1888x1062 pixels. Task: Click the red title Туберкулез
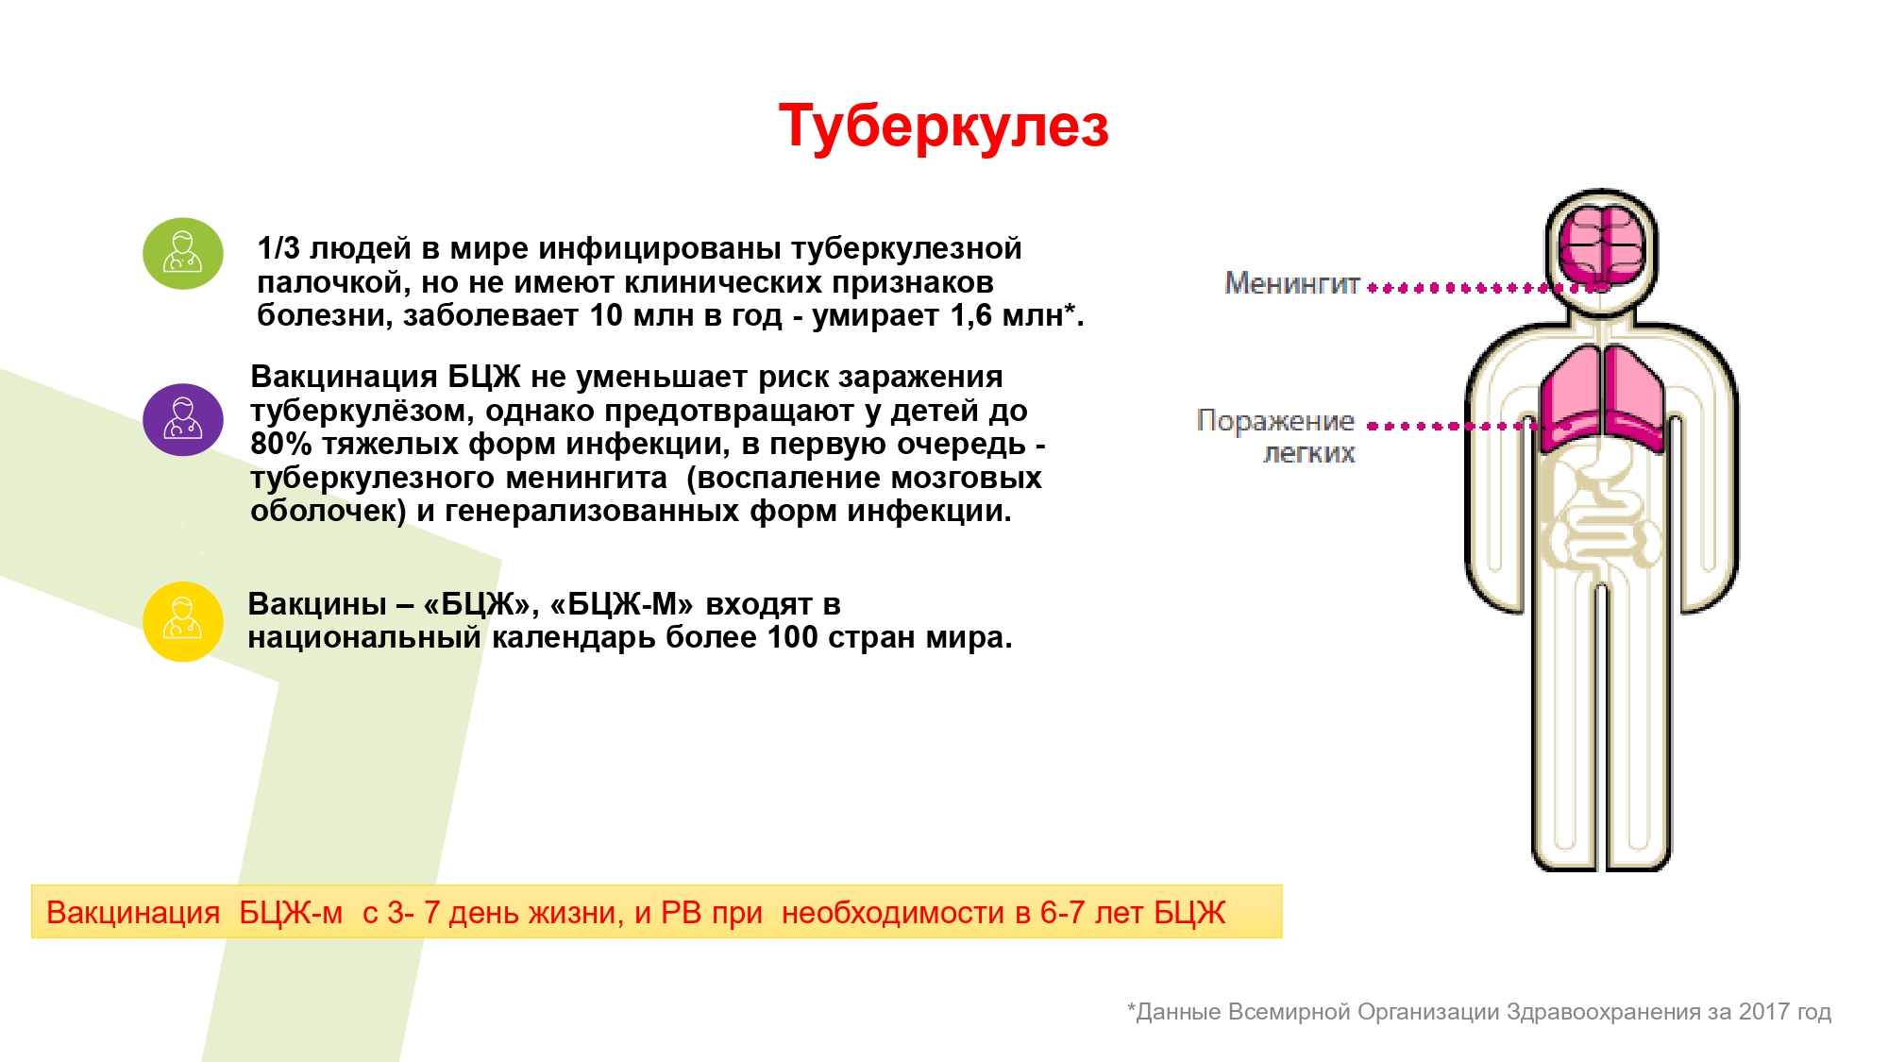tap(943, 127)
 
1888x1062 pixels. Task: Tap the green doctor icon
tap(183, 254)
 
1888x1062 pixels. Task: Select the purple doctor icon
tap(183, 420)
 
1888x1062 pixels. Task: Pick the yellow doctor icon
tap(183, 621)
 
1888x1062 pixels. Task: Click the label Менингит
tap(1291, 283)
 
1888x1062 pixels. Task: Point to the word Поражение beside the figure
tap(1275, 421)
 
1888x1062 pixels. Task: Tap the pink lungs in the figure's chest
tap(1602, 396)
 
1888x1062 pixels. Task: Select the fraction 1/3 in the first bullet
tap(278, 248)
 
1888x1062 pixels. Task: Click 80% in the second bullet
tap(280, 444)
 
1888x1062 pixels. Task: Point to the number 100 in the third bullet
tap(793, 638)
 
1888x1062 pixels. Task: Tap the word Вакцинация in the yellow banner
tap(133, 913)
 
